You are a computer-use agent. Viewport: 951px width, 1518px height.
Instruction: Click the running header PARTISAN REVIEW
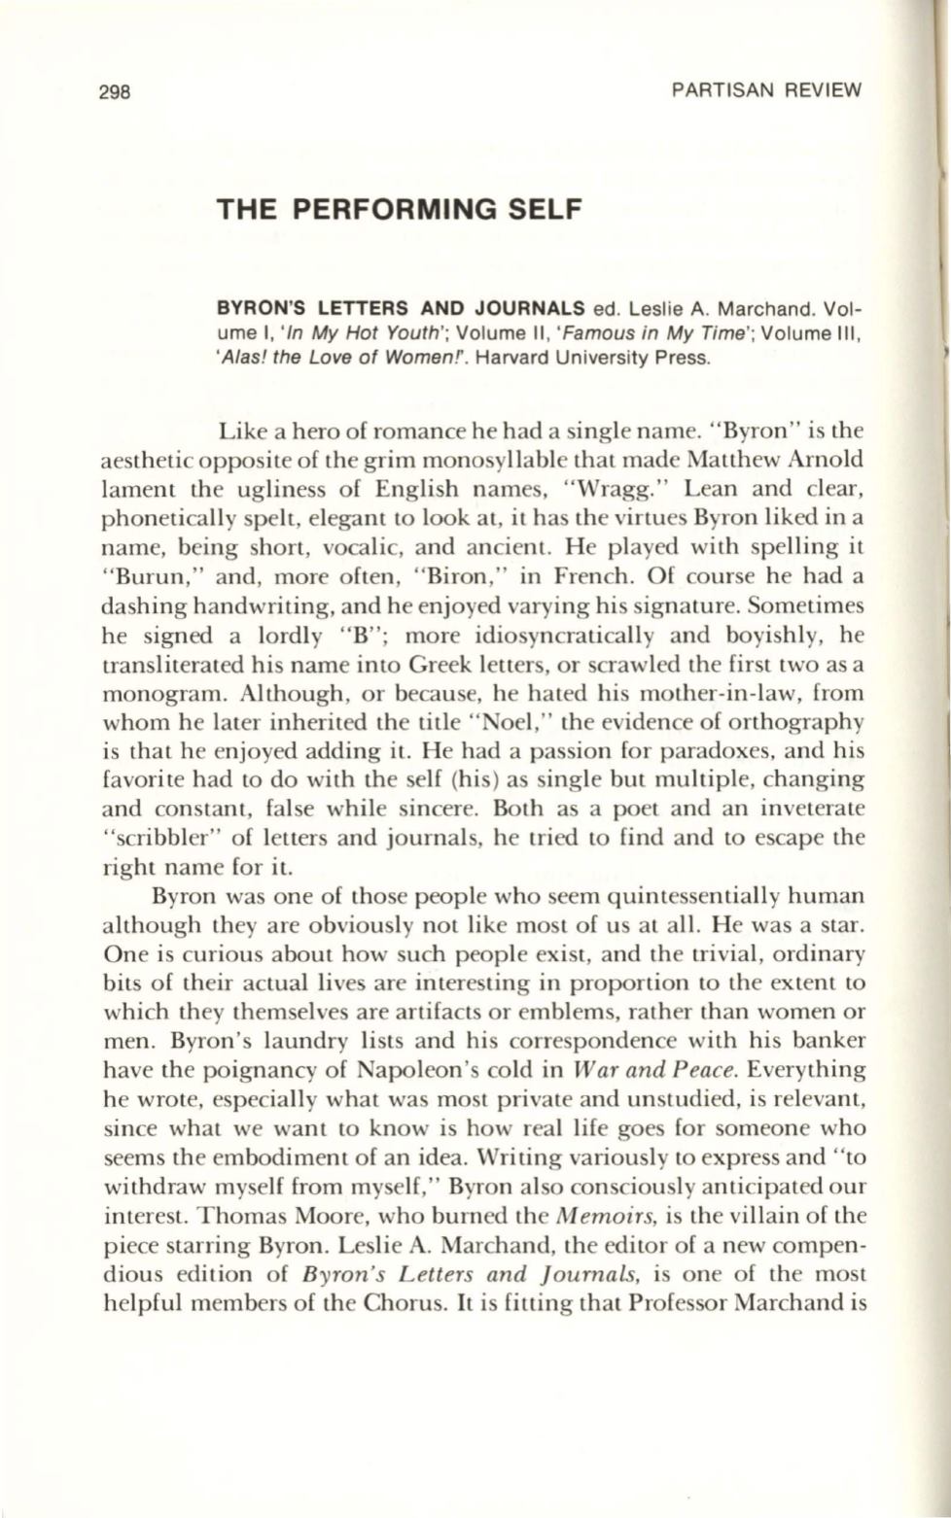coord(766,91)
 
